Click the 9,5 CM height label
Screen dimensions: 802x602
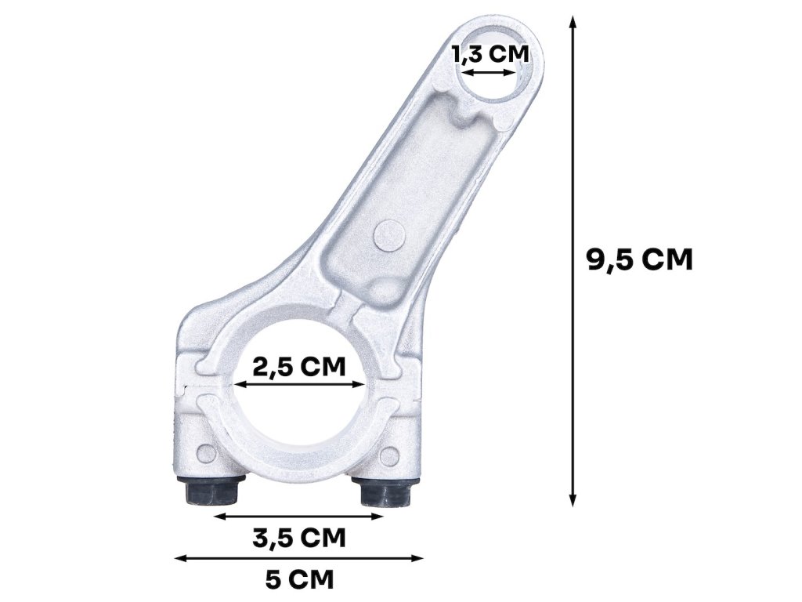639,260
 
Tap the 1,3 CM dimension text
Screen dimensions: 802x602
490,54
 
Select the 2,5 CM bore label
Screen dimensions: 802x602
299,367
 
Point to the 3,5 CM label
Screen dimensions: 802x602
299,538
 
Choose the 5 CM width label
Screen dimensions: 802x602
299,580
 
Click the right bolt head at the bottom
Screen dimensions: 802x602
385,492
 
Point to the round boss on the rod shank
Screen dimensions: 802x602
389,235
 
